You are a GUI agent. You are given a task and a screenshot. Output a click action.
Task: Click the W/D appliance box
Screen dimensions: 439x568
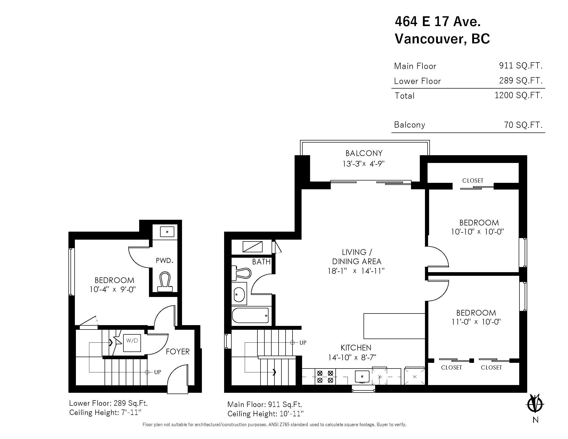click(x=132, y=343)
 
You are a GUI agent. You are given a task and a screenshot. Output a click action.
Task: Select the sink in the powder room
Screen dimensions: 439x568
click(x=167, y=232)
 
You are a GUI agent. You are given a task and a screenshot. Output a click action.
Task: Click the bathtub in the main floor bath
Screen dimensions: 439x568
click(x=250, y=316)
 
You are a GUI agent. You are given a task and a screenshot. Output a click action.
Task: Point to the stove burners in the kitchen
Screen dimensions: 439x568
click(x=325, y=377)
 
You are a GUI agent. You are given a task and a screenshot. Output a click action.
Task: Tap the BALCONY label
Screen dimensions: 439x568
click(x=364, y=153)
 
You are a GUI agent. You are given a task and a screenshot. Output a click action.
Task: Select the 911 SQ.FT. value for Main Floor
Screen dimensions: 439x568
click(x=521, y=66)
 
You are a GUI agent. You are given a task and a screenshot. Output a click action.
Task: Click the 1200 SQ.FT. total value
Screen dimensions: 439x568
click(x=518, y=95)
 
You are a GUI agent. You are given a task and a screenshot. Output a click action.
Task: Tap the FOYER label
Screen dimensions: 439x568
click(x=178, y=352)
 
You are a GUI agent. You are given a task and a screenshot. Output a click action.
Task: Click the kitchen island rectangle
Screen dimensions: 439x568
click(x=394, y=326)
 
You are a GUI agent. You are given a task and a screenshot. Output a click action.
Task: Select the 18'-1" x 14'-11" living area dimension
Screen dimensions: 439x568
click(x=356, y=271)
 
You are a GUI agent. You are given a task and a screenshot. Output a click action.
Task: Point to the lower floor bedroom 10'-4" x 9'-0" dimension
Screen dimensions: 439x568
click(x=113, y=289)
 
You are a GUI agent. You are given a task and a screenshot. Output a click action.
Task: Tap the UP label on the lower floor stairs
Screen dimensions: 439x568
click(x=157, y=372)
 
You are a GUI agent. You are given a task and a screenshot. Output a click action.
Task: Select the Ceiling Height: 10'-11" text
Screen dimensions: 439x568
click(x=265, y=414)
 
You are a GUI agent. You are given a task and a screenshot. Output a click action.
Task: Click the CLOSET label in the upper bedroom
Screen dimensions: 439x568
click(x=472, y=181)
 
